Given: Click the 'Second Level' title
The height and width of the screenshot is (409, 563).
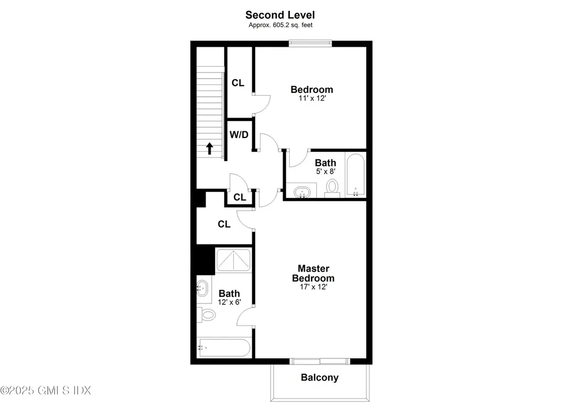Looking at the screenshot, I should (x=280, y=15).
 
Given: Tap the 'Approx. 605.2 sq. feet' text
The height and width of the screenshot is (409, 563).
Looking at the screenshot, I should (x=280, y=25).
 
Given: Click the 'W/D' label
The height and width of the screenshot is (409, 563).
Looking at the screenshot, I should (x=238, y=134).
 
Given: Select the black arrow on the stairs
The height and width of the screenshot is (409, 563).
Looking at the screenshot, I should (x=209, y=148).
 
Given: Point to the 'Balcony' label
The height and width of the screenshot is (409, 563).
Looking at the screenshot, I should (x=319, y=378).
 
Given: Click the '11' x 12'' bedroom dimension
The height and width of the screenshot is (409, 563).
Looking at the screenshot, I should (x=311, y=99).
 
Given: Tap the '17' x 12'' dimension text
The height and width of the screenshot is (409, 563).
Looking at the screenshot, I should (x=313, y=287).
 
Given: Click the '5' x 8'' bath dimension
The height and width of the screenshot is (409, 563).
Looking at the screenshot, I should (x=325, y=172).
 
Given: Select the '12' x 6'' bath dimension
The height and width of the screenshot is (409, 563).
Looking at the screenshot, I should (x=229, y=302).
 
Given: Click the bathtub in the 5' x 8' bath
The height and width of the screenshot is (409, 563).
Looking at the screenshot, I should (x=355, y=175).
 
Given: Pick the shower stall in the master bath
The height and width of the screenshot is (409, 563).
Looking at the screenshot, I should (x=234, y=261).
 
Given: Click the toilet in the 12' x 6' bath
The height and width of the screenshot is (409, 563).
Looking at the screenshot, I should (x=207, y=315).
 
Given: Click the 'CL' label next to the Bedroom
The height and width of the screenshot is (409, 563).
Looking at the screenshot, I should (x=238, y=83).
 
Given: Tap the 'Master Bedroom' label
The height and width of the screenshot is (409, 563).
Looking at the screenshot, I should (x=313, y=273).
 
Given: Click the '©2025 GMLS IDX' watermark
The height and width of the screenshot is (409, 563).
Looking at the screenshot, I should (x=46, y=390).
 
